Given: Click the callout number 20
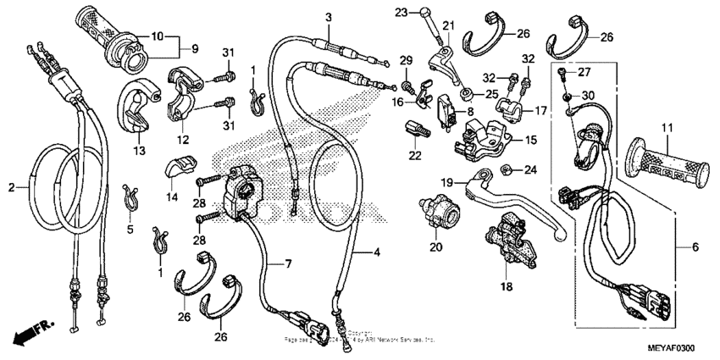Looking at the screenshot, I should tap(436, 247).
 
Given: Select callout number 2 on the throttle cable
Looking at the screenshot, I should tap(12, 187).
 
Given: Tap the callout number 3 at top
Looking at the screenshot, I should tap(329, 18).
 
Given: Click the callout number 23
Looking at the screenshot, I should tap(402, 11).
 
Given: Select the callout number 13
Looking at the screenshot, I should tap(139, 149).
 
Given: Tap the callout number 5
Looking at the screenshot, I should tap(130, 228).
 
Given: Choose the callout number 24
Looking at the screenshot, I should tap(531, 169).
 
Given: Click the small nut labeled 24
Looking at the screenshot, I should tap(507, 169).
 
